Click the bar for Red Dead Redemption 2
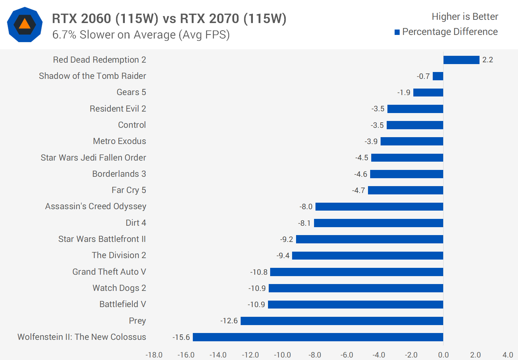pyautogui.click(x=461, y=60)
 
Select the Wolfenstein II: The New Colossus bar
pyautogui.click(x=318, y=337)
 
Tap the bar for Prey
pyautogui.click(x=342, y=321)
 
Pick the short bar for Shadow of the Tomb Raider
pyautogui.click(x=438, y=76)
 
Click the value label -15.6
pyautogui.click(x=181, y=337)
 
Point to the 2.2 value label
pyautogui.click(x=487, y=60)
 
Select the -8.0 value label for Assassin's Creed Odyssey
pyautogui.click(x=306, y=207)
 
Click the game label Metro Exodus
pyautogui.click(x=119, y=141)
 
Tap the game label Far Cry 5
pyautogui.click(x=129, y=190)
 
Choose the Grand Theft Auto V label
pyautogui.click(x=109, y=272)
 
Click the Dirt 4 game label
pyautogui.click(x=136, y=223)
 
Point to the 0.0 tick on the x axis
pyautogui.click(x=443, y=355)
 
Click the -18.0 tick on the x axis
pyautogui.click(x=154, y=355)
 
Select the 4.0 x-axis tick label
pyautogui.click(x=508, y=355)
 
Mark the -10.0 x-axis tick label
pyautogui.click(x=282, y=355)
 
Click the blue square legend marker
pyautogui.click(x=397, y=32)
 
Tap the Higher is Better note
pyautogui.click(x=465, y=17)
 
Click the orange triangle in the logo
pyautogui.click(x=24, y=24)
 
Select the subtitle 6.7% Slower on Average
pyautogui.click(x=141, y=35)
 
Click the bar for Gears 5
pyautogui.click(x=428, y=93)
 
